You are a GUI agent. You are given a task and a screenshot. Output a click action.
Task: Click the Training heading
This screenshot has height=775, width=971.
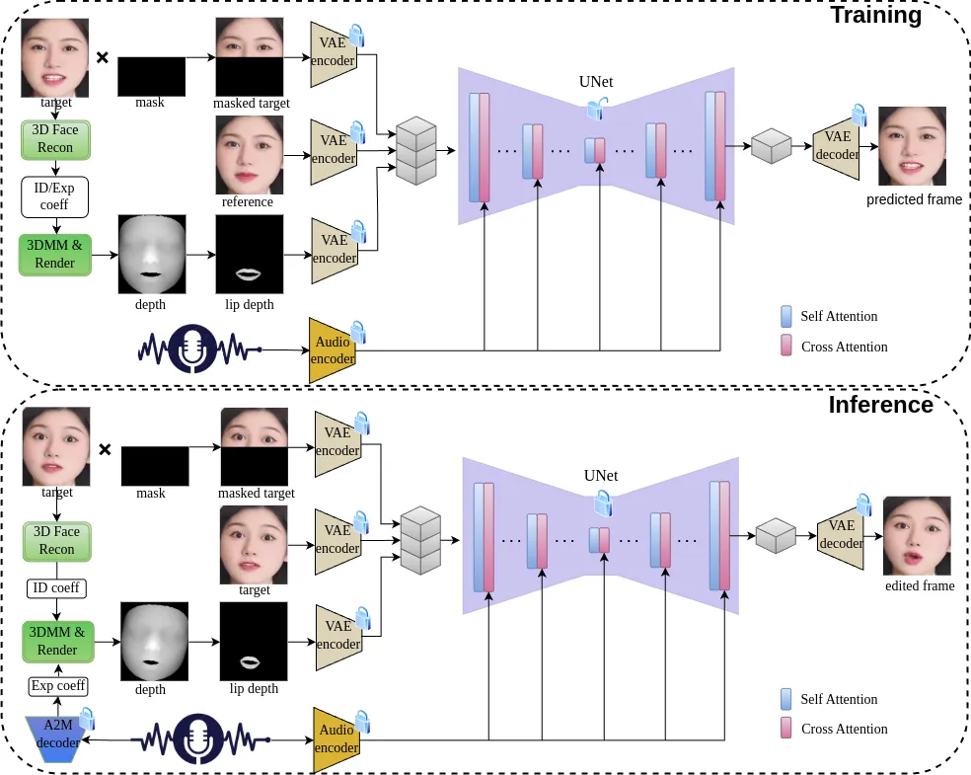(875, 15)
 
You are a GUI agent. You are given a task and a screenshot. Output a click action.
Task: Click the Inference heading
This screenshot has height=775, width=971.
(880, 405)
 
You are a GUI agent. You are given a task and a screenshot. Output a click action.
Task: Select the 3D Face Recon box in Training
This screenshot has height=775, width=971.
(54, 140)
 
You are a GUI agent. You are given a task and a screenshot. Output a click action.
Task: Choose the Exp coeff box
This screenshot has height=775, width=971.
(58, 686)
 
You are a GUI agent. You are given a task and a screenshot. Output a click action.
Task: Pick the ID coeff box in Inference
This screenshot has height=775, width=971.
(56, 588)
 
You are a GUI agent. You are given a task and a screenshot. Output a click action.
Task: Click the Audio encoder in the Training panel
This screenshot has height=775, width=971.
(333, 350)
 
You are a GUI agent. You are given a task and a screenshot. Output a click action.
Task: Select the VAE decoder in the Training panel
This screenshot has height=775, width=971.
(837, 146)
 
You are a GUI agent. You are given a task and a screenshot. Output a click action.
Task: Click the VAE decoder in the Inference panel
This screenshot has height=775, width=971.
(841, 535)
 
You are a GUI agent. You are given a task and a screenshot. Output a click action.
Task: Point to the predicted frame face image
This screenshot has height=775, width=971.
(912, 146)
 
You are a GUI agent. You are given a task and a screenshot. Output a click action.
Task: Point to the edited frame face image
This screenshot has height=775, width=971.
(917, 535)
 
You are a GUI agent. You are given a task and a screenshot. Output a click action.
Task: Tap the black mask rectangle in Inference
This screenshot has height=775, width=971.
(155, 466)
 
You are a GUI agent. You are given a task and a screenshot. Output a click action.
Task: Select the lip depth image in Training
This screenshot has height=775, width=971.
(250, 254)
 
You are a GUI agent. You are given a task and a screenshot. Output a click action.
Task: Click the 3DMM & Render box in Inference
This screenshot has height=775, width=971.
(57, 641)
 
